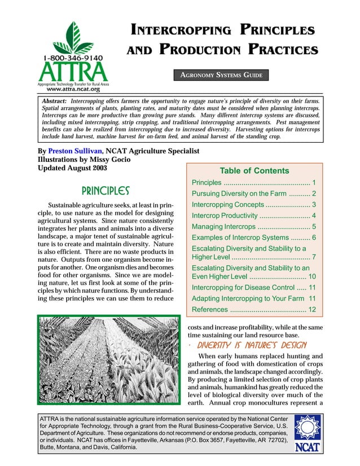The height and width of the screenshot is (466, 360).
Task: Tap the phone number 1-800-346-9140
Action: [71, 58]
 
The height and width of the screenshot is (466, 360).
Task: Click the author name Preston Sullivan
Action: [74, 151]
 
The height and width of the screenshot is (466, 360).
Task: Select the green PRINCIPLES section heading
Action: [106, 190]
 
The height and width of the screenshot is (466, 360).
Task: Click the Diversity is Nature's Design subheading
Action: [252, 345]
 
